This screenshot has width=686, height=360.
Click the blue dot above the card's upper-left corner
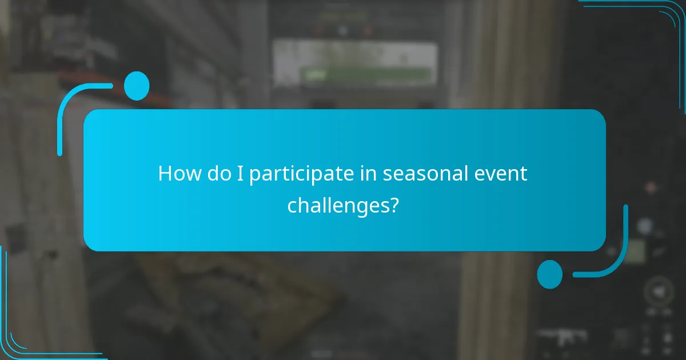136,86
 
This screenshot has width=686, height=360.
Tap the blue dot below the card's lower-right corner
549,274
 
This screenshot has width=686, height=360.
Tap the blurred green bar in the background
366,74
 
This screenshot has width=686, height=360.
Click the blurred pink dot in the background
651,187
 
